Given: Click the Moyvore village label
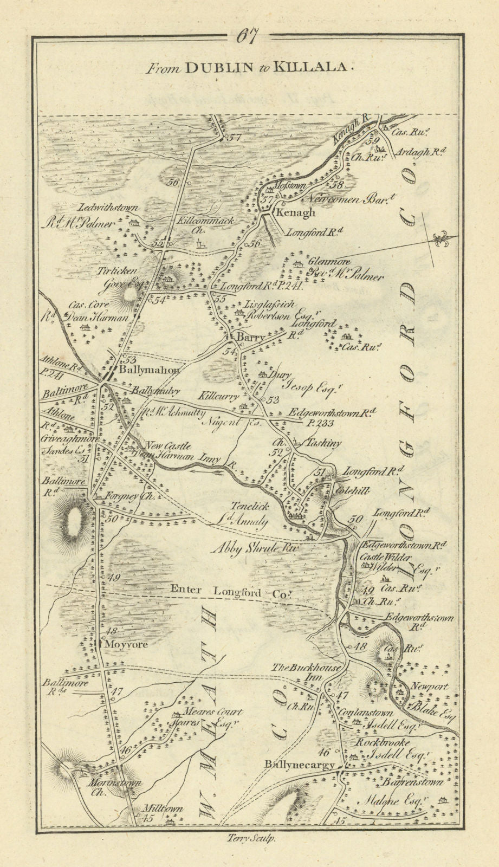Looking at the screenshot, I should pos(126,645).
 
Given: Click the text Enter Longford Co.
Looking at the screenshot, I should pos(228,592).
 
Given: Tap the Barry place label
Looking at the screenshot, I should pos(251,338).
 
